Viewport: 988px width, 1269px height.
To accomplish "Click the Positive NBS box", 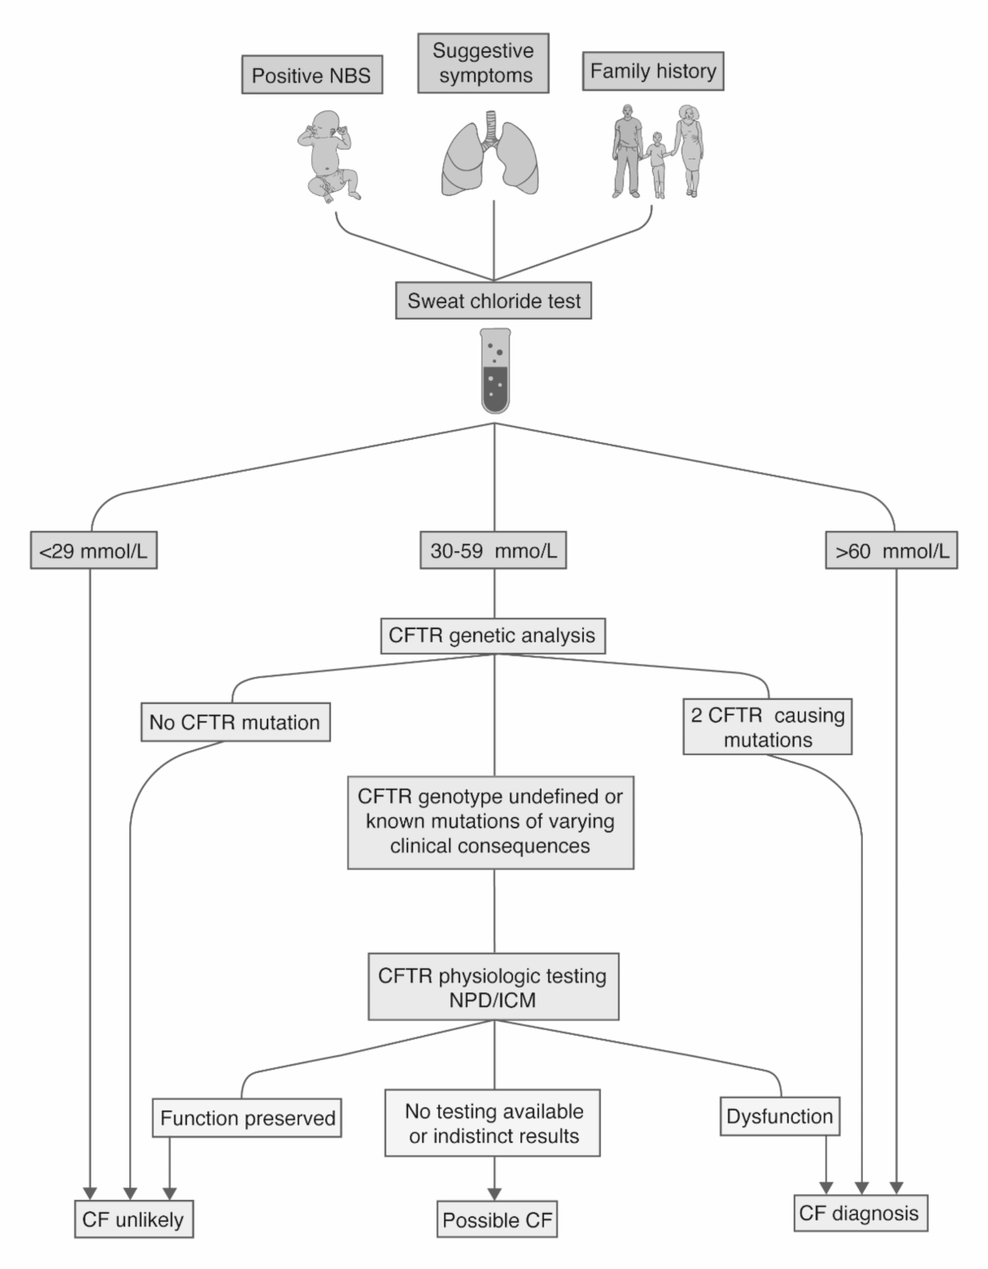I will coord(311,76).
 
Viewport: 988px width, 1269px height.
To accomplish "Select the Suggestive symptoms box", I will coord(483,63).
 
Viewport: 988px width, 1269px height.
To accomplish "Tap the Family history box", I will coord(653,72).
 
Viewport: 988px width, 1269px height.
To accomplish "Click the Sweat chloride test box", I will coord(494,301).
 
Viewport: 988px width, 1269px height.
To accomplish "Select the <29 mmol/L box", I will coord(93,552).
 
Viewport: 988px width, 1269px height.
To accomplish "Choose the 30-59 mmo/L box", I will coord(493,552).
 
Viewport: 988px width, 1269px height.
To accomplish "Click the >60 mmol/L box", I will coord(892,552).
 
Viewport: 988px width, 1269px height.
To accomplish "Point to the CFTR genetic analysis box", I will coord(492,636).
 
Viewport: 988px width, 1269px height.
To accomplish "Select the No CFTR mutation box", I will coord(235,722).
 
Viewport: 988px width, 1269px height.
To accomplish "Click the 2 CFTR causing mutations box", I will coord(767,727).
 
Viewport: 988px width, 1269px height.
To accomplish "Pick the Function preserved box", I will coord(247,1118).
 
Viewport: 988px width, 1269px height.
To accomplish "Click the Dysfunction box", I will coord(780,1117).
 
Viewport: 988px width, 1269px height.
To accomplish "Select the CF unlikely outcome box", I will coord(133,1220).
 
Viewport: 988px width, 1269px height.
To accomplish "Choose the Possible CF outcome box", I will coord(497,1220).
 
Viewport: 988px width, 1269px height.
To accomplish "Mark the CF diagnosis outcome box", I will coord(859,1213).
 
